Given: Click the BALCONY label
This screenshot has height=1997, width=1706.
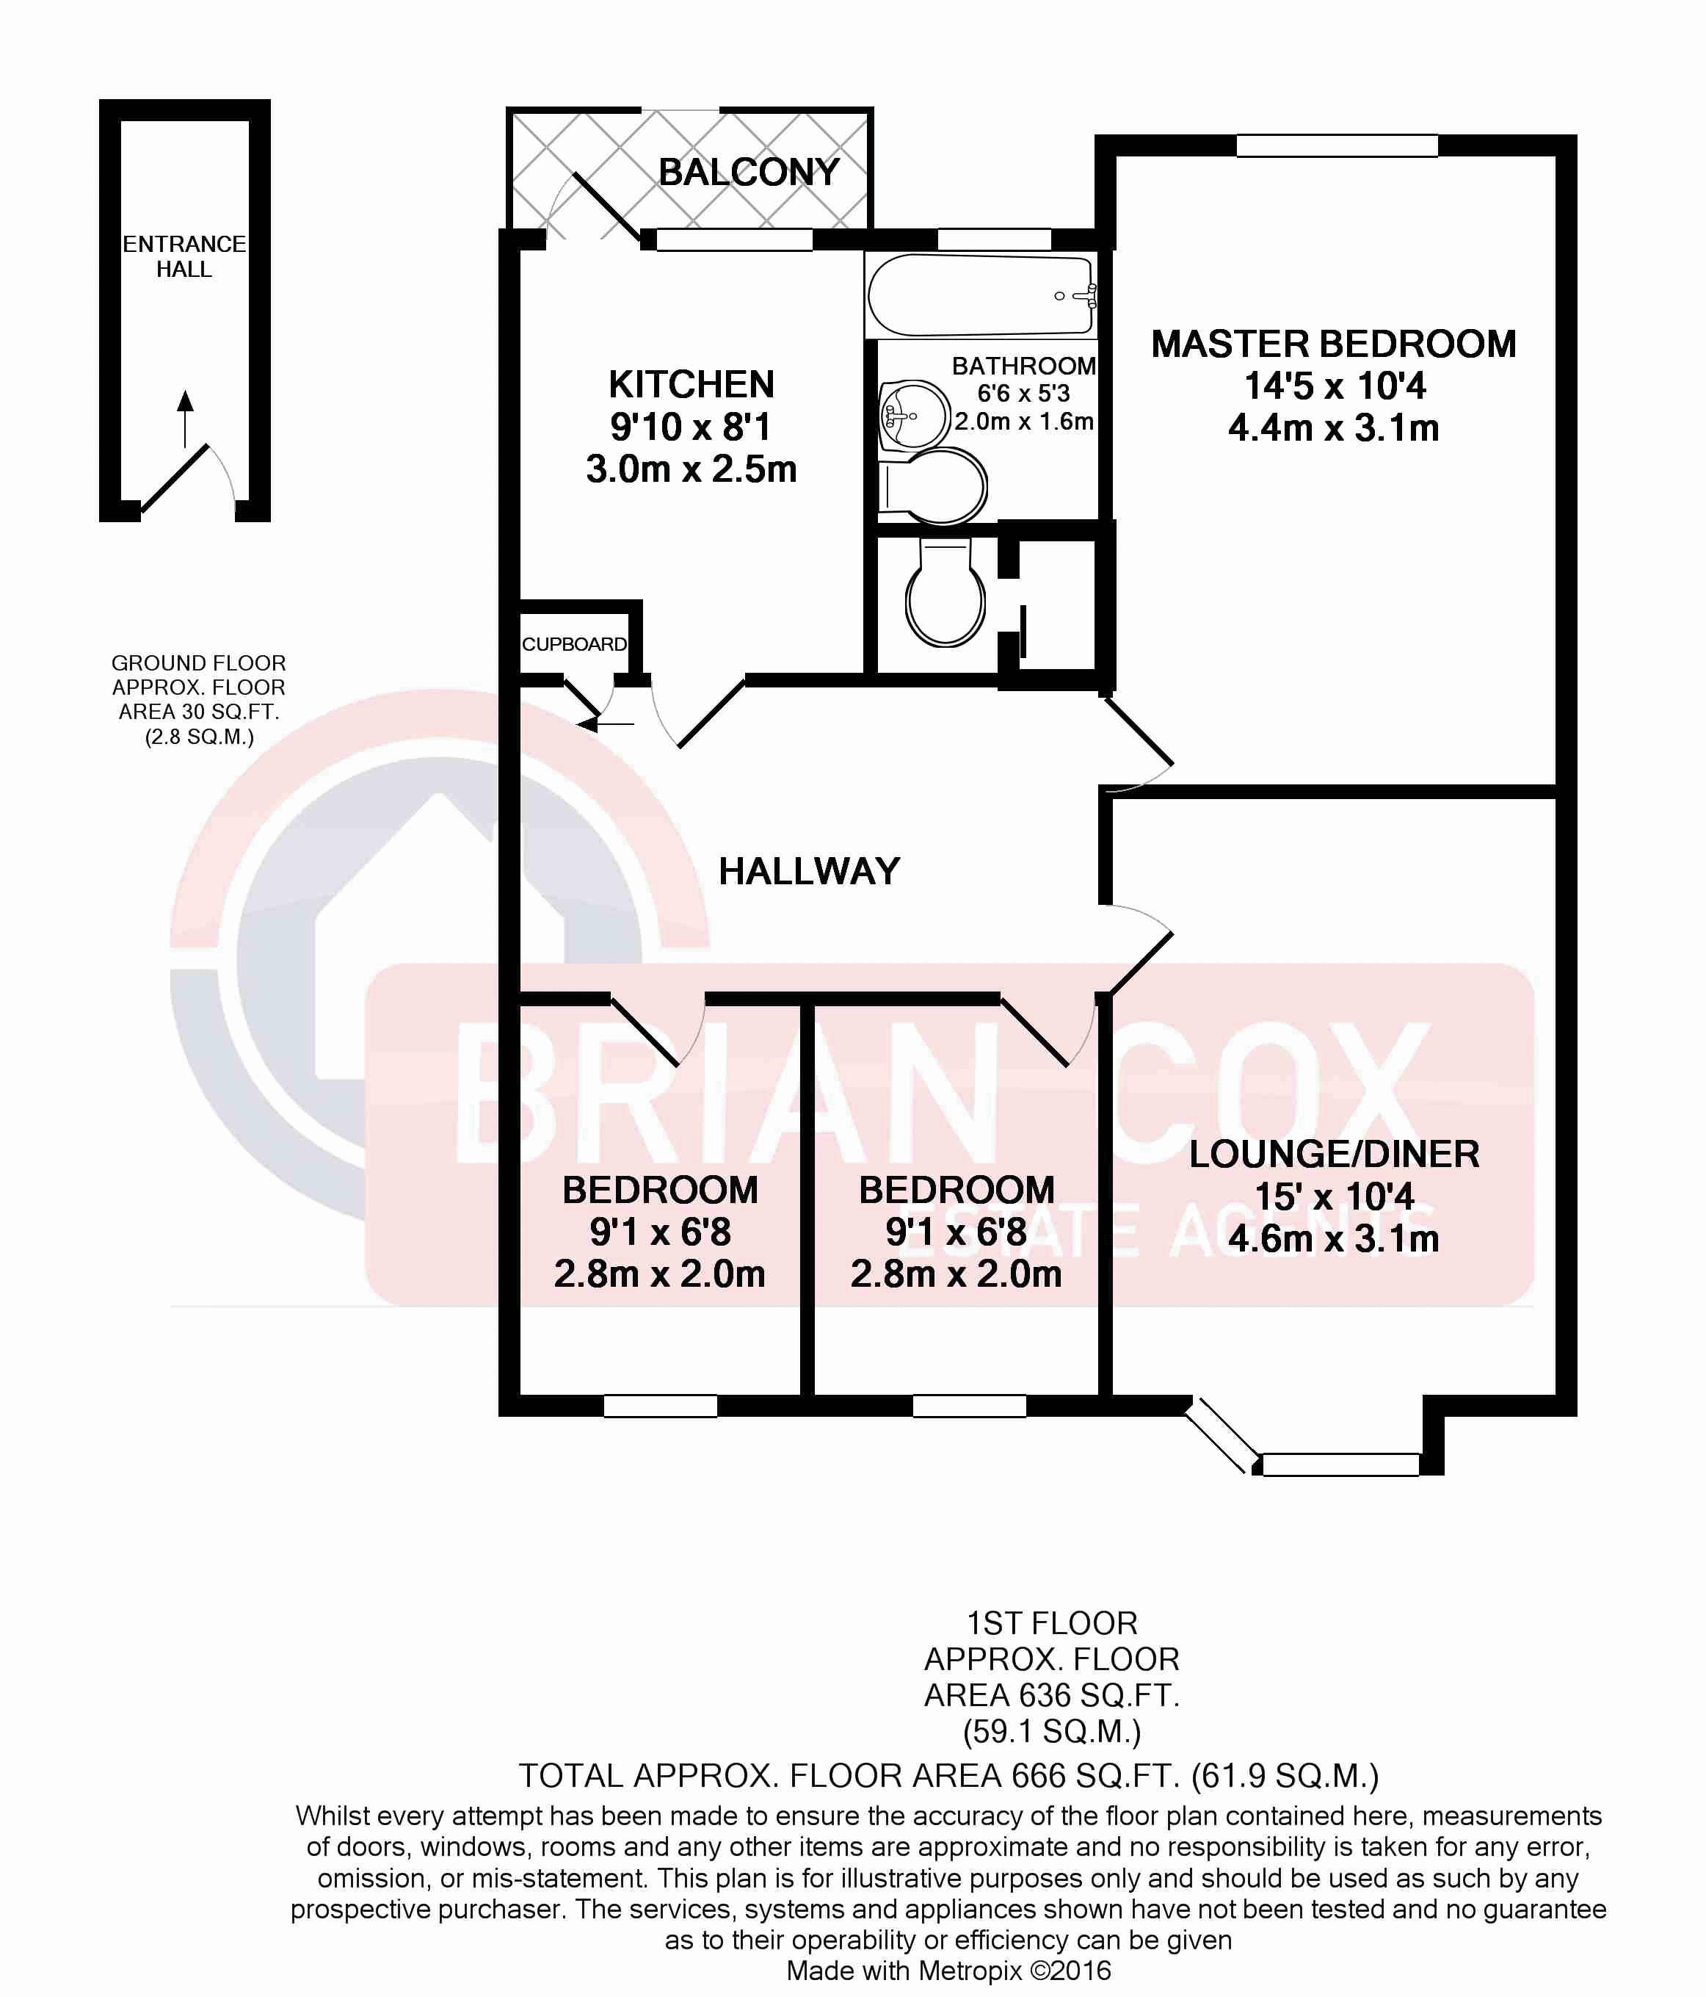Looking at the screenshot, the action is click(749, 173).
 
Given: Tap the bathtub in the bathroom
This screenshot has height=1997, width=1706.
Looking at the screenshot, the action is click(981, 295).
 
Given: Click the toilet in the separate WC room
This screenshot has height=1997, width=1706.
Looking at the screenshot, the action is click(945, 592).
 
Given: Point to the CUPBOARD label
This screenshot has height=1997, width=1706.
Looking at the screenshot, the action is click(574, 644).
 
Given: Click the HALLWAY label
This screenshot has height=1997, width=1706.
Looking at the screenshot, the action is click(809, 871).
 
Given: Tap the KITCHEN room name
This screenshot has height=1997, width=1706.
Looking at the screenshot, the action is click(692, 385).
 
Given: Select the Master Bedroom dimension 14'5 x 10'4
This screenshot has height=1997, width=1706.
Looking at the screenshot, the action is click(1334, 386).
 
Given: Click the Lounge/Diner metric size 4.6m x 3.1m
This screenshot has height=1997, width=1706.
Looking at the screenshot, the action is click(1334, 1238).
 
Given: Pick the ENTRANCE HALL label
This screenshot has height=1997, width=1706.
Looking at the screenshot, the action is click(184, 256).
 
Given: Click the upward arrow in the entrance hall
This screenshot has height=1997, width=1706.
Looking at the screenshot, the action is click(186, 419).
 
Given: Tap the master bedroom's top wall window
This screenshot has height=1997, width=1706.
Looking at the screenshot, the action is click(1337, 145).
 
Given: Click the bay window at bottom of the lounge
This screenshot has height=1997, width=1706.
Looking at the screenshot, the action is click(1302, 1442).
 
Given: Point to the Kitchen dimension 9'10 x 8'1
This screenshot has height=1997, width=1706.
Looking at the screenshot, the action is click(691, 427).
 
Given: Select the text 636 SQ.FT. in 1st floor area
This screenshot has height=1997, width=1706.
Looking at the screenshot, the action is click(1106, 1694).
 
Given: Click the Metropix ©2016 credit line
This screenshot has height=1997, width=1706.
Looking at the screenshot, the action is click(949, 1970).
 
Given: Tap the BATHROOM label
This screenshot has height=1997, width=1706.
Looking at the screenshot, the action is click(1024, 366).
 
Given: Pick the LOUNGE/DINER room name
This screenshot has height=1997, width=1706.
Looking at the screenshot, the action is click(1334, 1154).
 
